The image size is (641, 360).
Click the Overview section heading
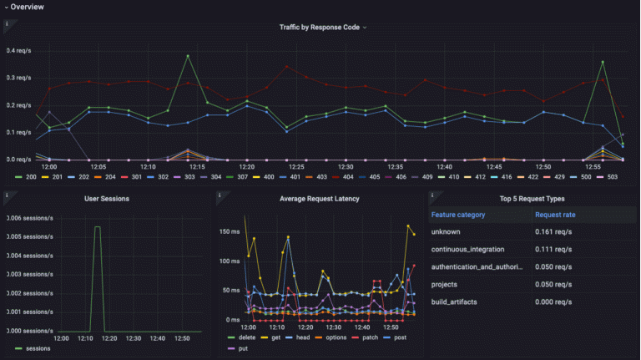tap(28, 7)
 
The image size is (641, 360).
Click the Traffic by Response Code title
tap(320, 28)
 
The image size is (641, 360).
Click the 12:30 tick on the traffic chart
tap(346, 166)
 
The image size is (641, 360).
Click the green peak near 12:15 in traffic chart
tap(188, 56)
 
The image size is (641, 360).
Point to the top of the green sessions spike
tap(97, 226)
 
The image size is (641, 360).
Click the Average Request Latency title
tap(320, 199)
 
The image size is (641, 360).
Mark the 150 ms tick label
tap(229, 230)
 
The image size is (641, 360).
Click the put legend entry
tap(243, 348)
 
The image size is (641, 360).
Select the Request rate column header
tap(556, 215)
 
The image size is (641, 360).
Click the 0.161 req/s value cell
tap(553, 231)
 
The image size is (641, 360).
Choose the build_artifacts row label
tap(455, 301)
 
